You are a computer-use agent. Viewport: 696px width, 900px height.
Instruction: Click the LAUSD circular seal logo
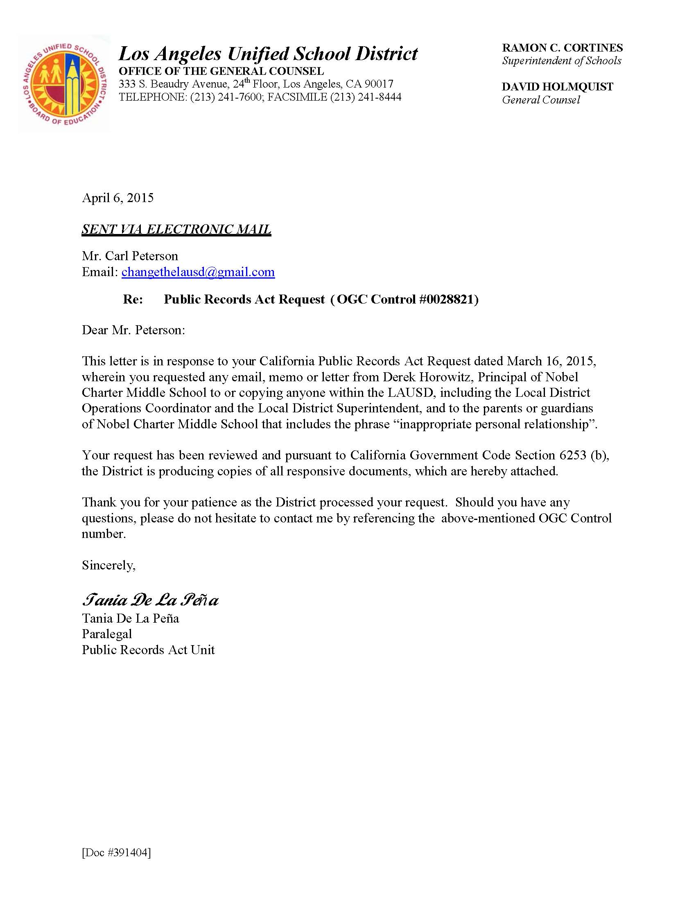pos(64,83)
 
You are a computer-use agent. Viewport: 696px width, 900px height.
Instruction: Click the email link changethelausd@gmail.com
pos(198,272)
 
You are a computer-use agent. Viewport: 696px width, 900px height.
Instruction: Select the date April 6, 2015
pos(118,198)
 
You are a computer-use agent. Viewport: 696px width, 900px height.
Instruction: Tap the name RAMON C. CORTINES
pos(562,48)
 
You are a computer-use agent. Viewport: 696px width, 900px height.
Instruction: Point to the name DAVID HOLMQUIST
pos(557,87)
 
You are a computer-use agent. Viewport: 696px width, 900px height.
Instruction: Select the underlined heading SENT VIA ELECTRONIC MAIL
pos(176,229)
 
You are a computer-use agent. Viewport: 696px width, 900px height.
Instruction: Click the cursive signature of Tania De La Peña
pos(150,600)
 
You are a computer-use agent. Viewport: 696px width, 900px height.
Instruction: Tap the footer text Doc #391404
pos(116,852)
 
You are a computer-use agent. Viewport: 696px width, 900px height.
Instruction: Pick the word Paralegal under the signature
pos(107,634)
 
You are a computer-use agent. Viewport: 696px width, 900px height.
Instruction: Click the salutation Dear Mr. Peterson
pos(133,330)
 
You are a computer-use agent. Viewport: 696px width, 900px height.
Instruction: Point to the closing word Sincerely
pos(108,565)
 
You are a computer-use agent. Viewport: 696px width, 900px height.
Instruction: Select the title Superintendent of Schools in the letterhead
pos(561,61)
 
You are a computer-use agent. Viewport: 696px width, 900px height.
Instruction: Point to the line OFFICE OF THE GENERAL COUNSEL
pos(221,71)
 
